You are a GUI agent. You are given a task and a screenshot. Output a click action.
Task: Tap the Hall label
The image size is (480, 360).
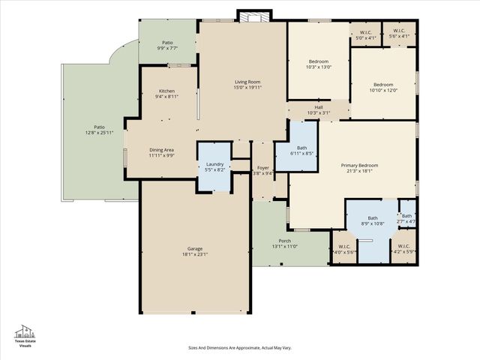319,107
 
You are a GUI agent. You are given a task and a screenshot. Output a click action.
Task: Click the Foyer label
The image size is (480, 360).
262,167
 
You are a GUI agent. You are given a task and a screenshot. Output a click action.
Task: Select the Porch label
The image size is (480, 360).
284,241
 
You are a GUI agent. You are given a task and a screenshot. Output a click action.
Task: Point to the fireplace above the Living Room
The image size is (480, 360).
248,15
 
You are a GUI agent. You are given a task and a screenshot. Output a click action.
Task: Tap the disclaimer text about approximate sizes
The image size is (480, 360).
239,348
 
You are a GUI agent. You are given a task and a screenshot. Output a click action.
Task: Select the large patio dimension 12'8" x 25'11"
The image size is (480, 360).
99,133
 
